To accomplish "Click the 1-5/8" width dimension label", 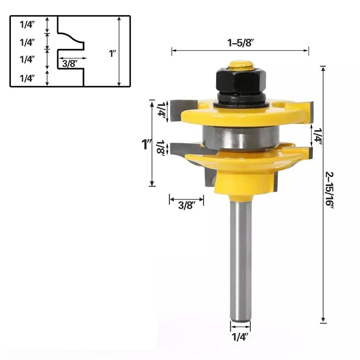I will coord(239,43).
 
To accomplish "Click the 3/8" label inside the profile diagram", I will coord(70,63).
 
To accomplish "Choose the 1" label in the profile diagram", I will coord(112,53).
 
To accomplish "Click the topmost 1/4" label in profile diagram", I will coord(27,25).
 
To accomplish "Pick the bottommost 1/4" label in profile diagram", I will coord(27,78).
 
